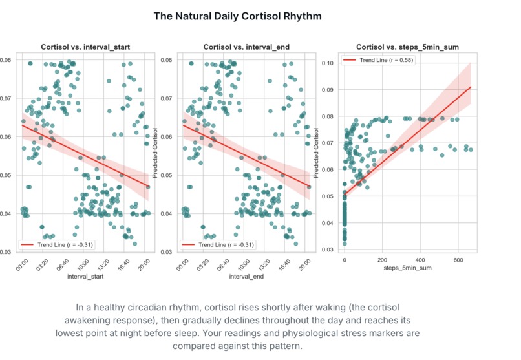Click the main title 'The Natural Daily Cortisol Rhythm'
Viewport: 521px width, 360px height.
pyautogui.click(x=237, y=16)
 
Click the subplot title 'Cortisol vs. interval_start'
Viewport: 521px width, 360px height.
pyautogui.click(x=81, y=47)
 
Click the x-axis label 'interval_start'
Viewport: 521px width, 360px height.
pyautogui.click(x=81, y=277)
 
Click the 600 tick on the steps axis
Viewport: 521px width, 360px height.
pyautogui.click(x=458, y=260)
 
